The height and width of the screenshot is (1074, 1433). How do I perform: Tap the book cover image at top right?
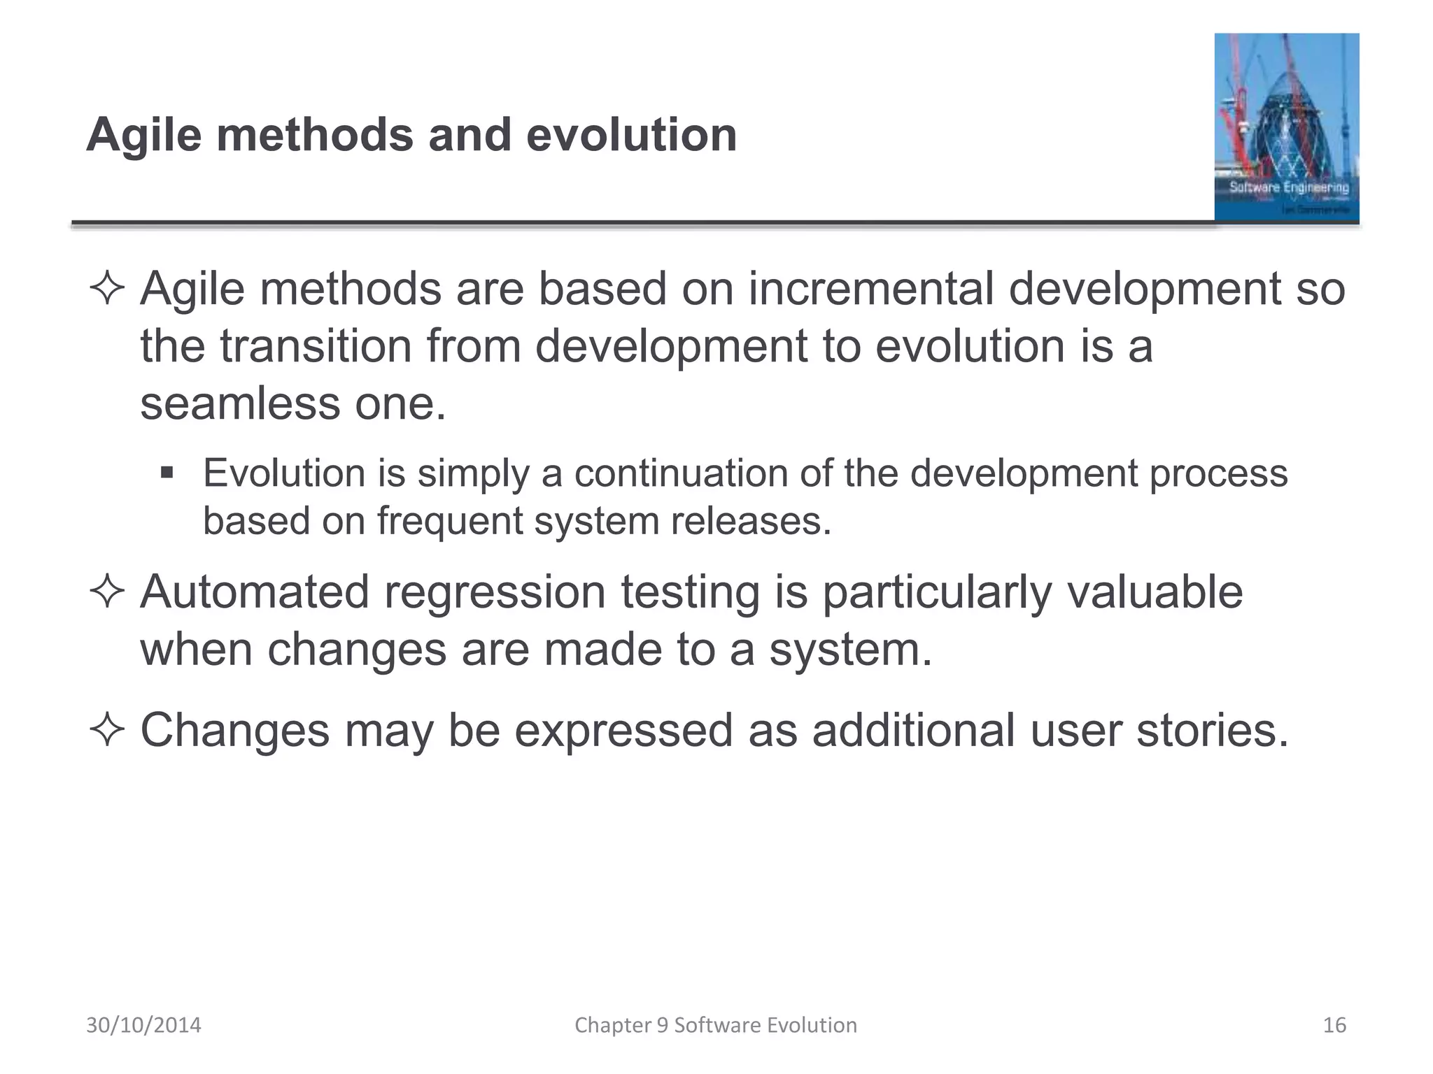[1286, 127]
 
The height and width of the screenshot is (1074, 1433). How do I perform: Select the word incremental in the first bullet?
[870, 289]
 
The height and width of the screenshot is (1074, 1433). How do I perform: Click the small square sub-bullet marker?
[167, 473]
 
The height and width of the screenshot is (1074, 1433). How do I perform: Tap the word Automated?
[254, 592]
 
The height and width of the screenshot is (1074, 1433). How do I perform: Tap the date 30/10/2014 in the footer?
[143, 1025]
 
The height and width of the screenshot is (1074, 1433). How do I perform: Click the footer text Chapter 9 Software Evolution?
[715, 1025]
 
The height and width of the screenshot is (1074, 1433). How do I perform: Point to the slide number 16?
[1334, 1025]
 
